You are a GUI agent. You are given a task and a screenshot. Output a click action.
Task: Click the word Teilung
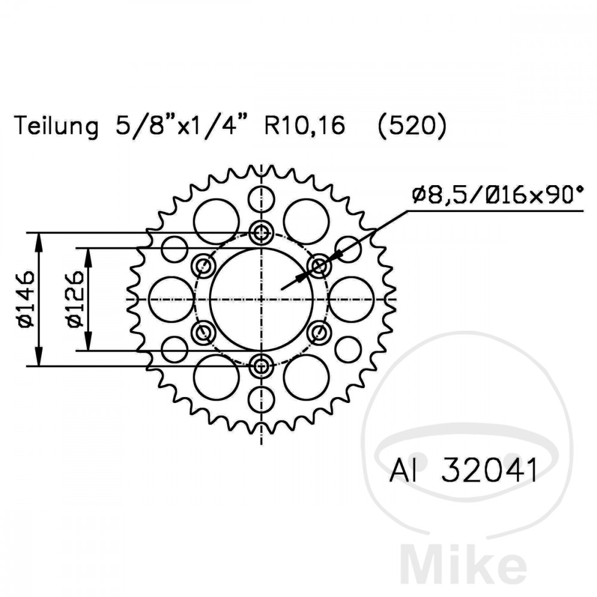click(x=57, y=127)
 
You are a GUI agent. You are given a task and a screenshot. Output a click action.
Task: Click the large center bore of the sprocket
click(x=261, y=298)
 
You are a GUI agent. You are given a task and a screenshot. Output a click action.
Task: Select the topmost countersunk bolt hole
click(x=261, y=233)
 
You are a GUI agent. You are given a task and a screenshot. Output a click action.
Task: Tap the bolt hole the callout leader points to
click(x=319, y=265)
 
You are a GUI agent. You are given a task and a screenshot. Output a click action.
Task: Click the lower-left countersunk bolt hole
click(x=204, y=332)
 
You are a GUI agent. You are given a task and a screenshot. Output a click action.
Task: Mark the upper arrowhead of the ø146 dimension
click(x=39, y=239)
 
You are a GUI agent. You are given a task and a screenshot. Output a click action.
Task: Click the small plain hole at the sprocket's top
click(x=261, y=199)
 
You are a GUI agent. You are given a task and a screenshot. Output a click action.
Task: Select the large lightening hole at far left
click(x=171, y=299)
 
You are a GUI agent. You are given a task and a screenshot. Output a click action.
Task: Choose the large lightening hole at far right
click(x=352, y=299)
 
